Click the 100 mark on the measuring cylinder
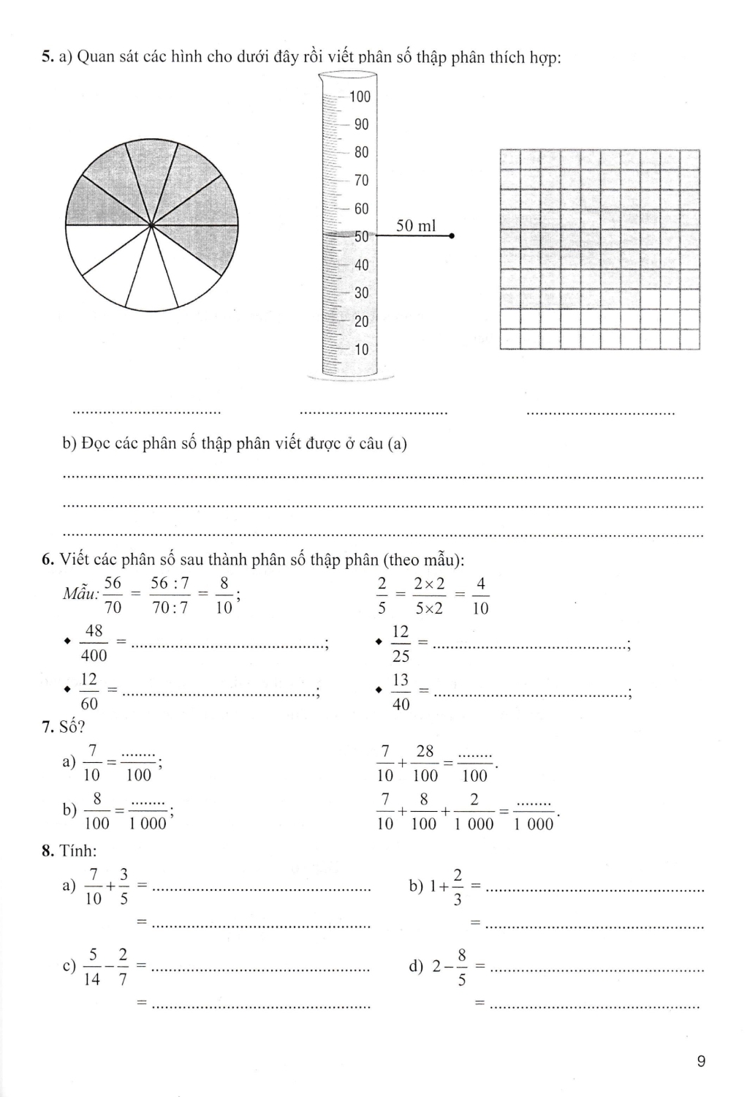[360, 97]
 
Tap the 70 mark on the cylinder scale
[361, 181]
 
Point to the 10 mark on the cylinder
[361, 350]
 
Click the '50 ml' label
[416, 226]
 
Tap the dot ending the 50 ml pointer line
[452, 236]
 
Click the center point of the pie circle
[151, 225]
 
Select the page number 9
[701, 1062]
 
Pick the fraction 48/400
[94, 643]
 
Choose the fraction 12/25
[401, 644]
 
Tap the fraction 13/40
[401, 692]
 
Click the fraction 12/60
[89, 691]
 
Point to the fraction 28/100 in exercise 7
[425, 763]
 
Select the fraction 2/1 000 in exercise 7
[474, 811]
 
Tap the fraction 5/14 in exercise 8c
[92, 967]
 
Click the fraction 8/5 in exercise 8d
[462, 967]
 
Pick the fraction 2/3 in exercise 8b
[458, 887]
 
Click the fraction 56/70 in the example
[113, 595]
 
